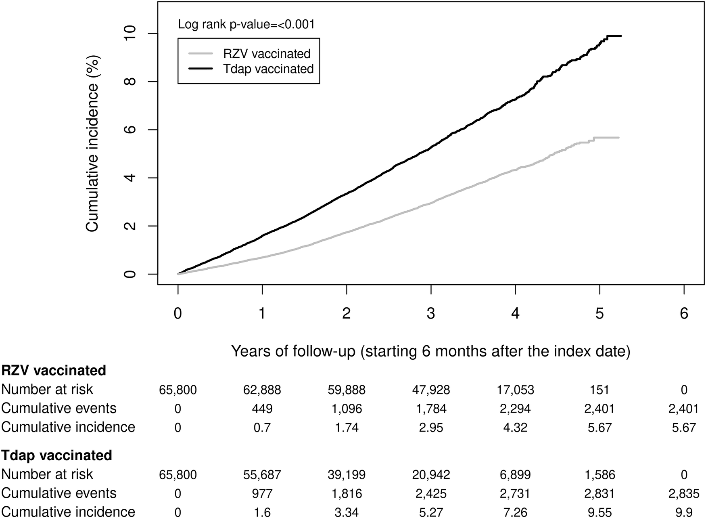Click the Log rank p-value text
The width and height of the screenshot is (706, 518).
pyautogui.click(x=246, y=25)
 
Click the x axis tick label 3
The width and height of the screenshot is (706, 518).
pyautogui.click(x=431, y=313)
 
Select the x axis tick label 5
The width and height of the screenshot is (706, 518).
pyautogui.click(x=599, y=313)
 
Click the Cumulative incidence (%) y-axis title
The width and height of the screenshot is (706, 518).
pyautogui.click(x=92, y=143)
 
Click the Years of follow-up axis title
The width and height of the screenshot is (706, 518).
pyautogui.click(x=430, y=351)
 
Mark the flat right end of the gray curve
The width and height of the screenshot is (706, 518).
pyautogui.click(x=607, y=138)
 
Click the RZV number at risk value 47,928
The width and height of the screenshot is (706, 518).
pyautogui.click(x=431, y=390)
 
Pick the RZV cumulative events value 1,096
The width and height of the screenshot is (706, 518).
pyautogui.click(x=347, y=409)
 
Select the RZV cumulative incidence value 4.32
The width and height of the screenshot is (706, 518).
pyautogui.click(x=515, y=427)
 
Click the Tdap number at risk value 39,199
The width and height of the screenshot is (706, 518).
pyautogui.click(x=347, y=474)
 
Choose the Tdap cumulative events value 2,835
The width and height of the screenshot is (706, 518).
pyautogui.click(x=684, y=493)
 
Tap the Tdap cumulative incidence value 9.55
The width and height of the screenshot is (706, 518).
pyautogui.click(x=599, y=512)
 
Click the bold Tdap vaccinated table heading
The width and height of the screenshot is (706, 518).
pyautogui.click(x=56, y=455)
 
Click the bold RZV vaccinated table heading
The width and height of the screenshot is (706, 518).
pyautogui.click(x=54, y=370)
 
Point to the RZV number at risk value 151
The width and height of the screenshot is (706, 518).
pyautogui.click(x=599, y=390)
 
